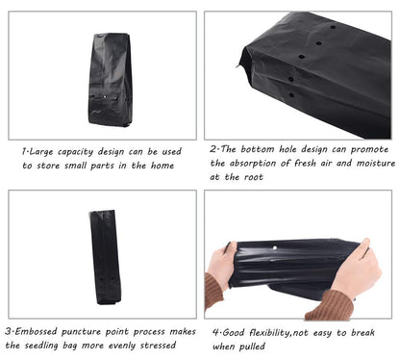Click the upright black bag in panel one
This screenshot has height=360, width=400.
pos(110,79)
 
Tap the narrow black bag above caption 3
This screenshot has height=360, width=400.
pos(105,257)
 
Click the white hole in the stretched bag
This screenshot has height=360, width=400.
pos(274,248)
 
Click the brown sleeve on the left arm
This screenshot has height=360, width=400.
pos(212,291)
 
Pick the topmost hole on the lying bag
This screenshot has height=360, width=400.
pos(333,27)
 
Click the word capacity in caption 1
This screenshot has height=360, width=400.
pos(75,152)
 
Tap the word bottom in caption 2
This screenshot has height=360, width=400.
pos(258,149)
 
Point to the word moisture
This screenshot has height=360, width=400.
pos(376,163)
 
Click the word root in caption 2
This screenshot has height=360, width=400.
pos(253,177)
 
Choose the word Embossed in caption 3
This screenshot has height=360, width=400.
pos(36,331)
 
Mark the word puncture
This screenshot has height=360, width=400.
pos(81,332)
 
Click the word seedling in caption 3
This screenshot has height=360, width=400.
pos(41,346)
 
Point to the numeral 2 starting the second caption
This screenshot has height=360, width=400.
pos(213,149)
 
